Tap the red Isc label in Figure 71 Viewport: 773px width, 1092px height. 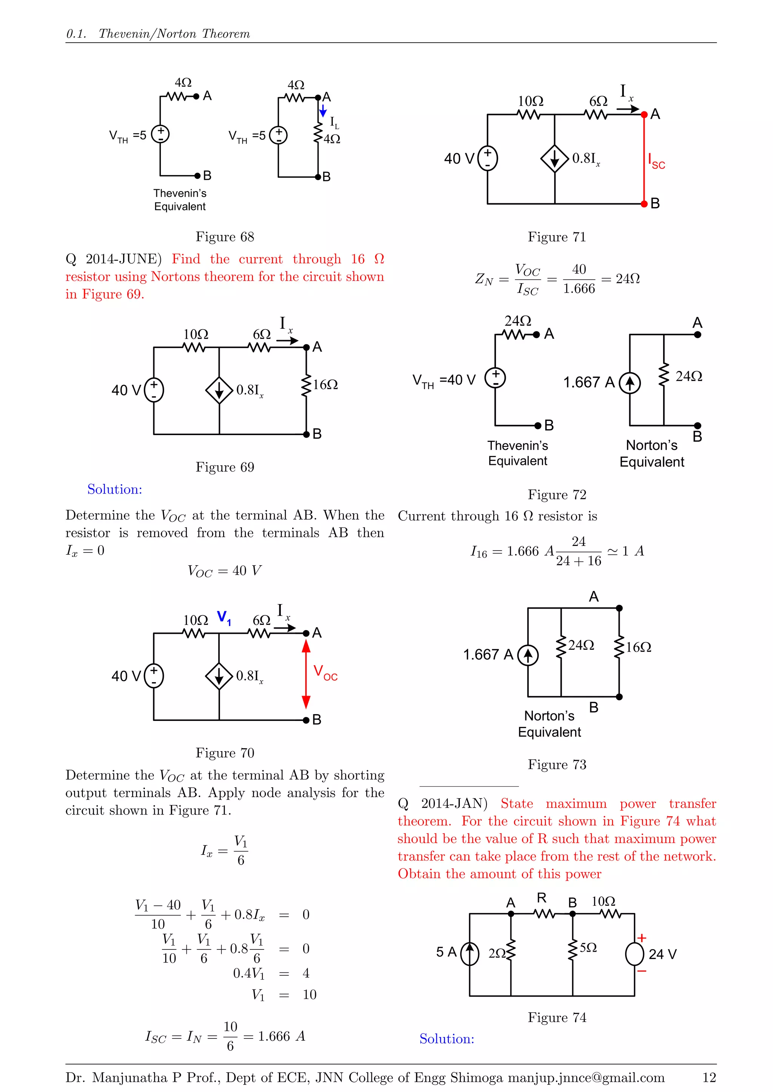[x=656, y=161]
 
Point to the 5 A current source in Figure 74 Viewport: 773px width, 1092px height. [x=470, y=954]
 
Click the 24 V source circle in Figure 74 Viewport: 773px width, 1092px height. [x=634, y=954]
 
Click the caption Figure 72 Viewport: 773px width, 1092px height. [x=557, y=495]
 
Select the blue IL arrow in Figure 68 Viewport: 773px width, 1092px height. [x=323, y=111]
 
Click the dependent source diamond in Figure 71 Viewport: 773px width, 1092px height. [x=554, y=158]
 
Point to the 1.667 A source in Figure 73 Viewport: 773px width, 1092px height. [x=528, y=655]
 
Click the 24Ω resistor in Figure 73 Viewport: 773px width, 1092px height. [x=561, y=646]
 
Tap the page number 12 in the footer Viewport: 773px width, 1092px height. [x=709, y=1077]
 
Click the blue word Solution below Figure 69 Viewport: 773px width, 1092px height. [x=115, y=489]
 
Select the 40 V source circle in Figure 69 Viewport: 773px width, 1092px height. [x=154, y=390]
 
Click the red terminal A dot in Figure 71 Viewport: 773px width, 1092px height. [x=644, y=115]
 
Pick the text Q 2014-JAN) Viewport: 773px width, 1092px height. [x=443, y=804]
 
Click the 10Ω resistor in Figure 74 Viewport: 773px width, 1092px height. [x=610, y=914]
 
